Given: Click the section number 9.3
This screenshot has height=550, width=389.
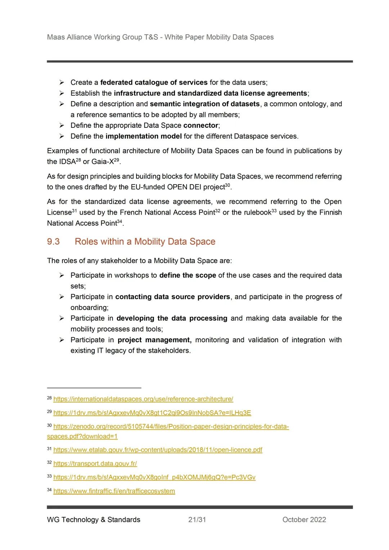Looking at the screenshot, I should [53, 242].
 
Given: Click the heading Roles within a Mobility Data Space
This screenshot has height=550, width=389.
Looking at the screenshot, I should [145, 242].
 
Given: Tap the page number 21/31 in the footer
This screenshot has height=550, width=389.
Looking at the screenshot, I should [197, 519].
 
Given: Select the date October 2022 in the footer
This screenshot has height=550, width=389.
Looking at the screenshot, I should [304, 519].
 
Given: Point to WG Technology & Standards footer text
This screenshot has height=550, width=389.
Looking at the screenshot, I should [94, 519].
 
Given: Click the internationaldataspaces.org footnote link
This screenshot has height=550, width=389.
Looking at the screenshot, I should [143, 399].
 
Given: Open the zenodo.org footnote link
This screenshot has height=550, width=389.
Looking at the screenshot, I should [171, 427].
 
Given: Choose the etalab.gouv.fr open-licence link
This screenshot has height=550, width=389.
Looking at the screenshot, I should [158, 450].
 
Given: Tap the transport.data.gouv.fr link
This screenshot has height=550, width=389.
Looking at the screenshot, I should [95, 464].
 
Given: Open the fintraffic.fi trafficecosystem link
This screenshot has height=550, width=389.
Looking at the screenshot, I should [114, 491].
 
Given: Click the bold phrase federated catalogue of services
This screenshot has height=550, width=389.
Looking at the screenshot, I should [154, 82].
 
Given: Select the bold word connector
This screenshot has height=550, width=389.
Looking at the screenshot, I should [201, 125].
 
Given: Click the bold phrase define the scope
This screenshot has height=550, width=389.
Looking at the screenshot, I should [188, 275].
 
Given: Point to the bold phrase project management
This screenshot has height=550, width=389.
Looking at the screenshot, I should [154, 340].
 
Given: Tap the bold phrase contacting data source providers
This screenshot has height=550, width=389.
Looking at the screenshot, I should [173, 297].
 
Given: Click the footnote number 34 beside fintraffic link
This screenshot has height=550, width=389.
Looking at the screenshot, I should [49, 490].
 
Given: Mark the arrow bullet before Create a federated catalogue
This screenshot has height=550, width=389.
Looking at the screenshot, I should [62, 82].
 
